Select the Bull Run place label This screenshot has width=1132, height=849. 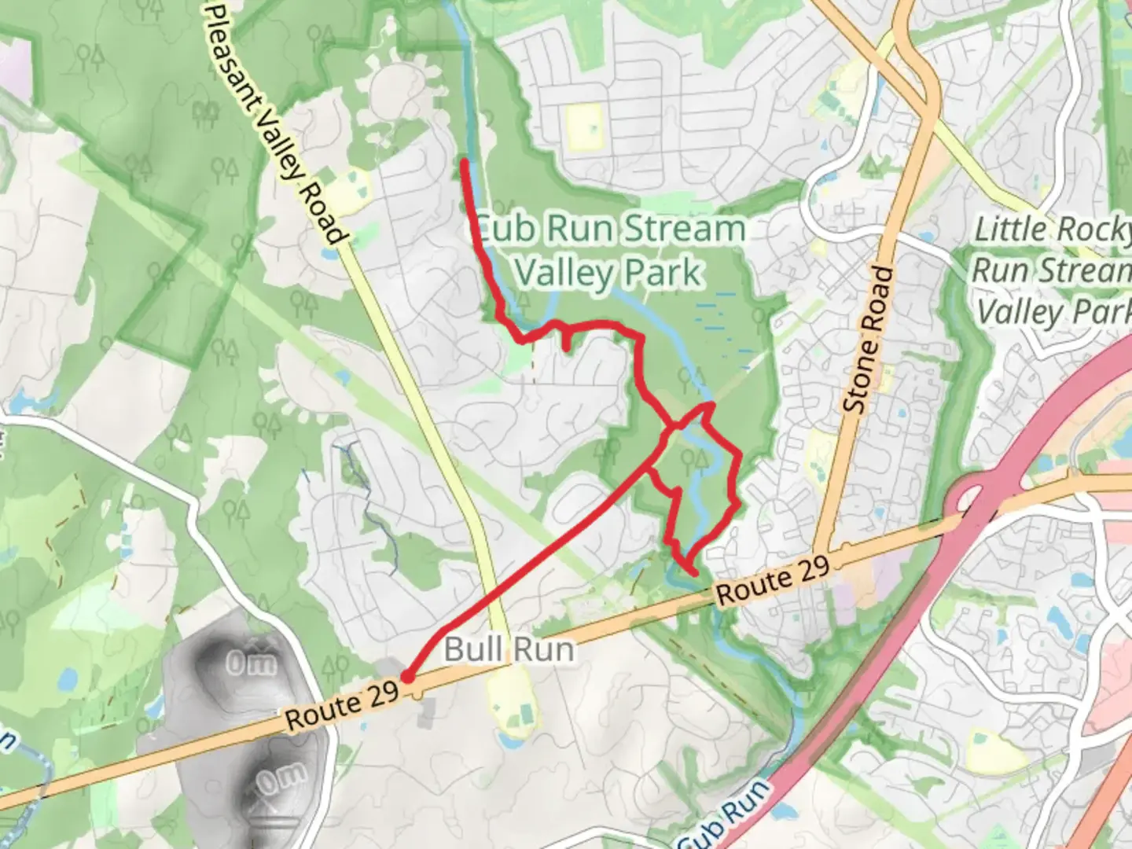click(509, 650)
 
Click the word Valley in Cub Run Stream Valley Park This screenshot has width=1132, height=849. click(564, 273)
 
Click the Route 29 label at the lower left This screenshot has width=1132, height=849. click(342, 705)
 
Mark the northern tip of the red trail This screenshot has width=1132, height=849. click(465, 163)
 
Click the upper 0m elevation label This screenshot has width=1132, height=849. click(251, 664)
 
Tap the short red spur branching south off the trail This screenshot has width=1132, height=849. click(566, 340)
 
